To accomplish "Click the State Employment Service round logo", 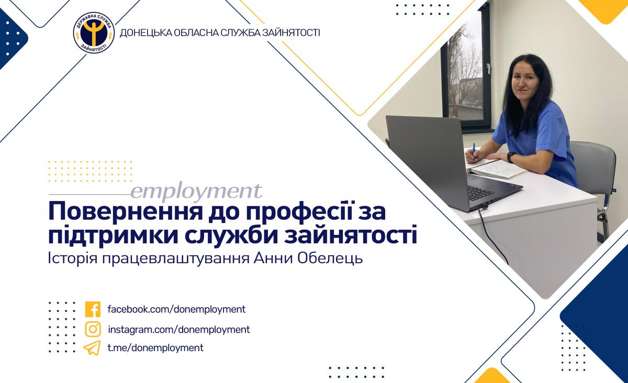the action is (x=94, y=33).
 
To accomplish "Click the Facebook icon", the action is (x=93, y=309).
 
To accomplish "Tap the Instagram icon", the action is (x=93, y=329).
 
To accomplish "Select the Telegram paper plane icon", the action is (x=92, y=348).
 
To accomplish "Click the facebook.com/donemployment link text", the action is (x=176, y=309).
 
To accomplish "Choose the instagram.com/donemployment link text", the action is (x=179, y=330).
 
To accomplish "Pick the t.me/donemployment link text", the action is (x=155, y=348).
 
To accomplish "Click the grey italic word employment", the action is (x=196, y=192).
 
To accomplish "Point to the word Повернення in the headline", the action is (x=125, y=212).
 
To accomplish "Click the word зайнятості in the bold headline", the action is (x=351, y=235).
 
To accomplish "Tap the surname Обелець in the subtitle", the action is (x=330, y=259).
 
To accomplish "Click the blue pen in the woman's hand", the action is (x=474, y=152).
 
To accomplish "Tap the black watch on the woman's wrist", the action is (x=511, y=157).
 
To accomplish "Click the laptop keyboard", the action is (x=480, y=193).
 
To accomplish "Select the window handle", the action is (x=488, y=68).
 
